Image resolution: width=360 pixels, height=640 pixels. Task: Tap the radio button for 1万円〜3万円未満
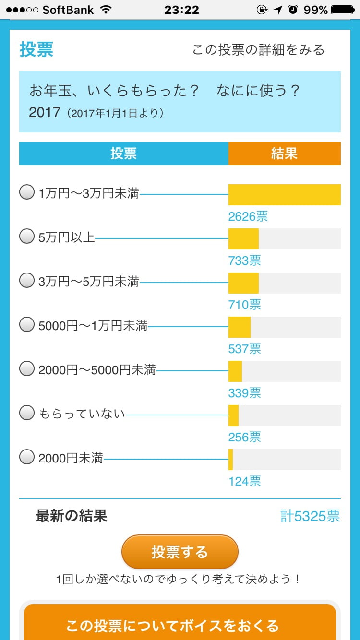coord(27,193)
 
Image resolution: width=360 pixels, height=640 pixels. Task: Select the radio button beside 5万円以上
coord(27,237)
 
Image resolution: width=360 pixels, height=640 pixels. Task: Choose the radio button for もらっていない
coord(27,413)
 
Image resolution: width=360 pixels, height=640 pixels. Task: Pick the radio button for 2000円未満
coord(27,457)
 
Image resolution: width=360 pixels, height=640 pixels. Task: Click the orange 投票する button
coord(180,552)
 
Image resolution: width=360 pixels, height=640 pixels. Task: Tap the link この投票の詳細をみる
coord(258,50)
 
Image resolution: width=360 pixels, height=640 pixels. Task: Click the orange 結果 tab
coord(285,154)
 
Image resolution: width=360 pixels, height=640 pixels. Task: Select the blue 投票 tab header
coord(123,154)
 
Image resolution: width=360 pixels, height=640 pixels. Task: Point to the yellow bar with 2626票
coord(285,195)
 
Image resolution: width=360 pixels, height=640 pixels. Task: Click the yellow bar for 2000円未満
coord(231,460)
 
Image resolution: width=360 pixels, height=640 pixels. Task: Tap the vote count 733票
coord(245,261)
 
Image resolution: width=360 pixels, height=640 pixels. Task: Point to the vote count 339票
coord(245,393)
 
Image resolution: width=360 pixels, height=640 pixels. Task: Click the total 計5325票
coord(310,516)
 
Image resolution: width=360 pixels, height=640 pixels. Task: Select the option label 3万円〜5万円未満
coord(89,281)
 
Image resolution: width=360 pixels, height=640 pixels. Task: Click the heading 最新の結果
coord(72,516)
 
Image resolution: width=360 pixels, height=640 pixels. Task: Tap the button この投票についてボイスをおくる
coord(180,626)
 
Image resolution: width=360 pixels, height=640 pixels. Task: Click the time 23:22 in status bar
coord(181,10)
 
